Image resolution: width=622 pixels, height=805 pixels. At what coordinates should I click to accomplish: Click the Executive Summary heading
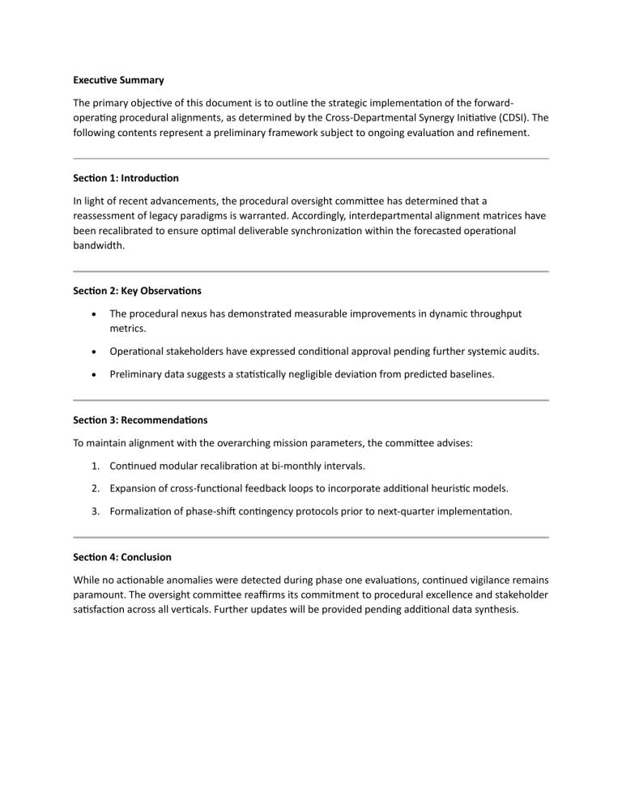[118, 80]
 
